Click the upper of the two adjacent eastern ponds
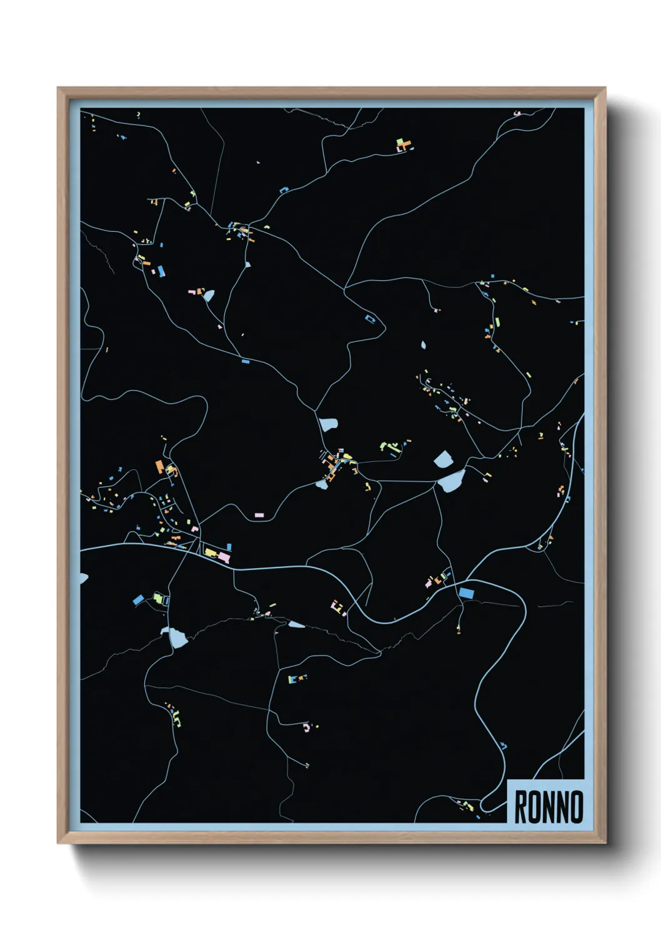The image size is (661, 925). [443, 459]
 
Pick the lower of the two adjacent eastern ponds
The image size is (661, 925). [452, 481]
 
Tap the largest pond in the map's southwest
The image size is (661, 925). [177, 637]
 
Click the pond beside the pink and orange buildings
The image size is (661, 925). [208, 295]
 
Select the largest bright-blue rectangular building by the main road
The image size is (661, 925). [466, 592]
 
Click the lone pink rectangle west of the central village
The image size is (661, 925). [259, 515]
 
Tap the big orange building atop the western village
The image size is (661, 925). [160, 466]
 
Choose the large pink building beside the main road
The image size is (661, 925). [223, 556]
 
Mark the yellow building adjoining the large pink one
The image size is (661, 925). [211, 552]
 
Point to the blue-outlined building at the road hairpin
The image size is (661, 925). [371, 319]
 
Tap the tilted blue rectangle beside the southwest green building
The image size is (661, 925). [139, 600]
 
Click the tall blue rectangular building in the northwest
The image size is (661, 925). [161, 271]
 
